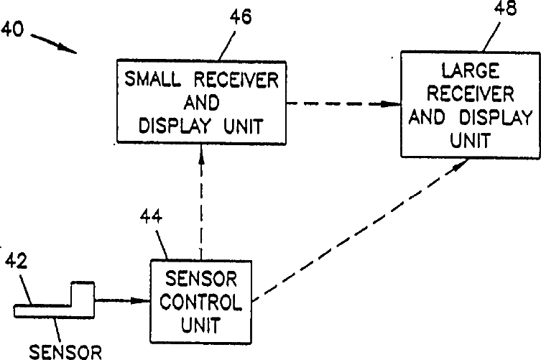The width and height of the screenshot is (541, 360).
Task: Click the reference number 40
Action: [x=13, y=29]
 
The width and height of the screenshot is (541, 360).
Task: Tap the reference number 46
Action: [x=241, y=17]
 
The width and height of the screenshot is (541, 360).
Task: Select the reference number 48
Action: [x=506, y=8]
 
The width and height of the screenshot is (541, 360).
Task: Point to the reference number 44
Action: [x=151, y=217]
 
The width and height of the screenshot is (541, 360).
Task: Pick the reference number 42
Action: [x=16, y=261]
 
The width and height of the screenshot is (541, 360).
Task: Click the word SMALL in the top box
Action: [x=152, y=79]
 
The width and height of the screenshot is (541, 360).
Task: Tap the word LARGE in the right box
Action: [x=471, y=71]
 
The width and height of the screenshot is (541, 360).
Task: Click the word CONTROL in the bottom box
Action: [x=201, y=302]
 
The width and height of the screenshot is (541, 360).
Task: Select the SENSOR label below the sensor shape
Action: [x=65, y=352]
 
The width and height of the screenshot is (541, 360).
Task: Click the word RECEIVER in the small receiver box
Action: [x=236, y=79]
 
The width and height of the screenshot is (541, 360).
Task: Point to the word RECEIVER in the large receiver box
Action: [x=471, y=93]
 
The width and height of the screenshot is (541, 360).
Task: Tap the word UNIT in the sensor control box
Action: [x=200, y=325]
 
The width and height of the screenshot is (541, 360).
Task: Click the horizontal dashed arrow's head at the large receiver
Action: [x=391, y=103]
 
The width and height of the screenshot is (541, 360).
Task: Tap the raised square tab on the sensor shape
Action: [x=83, y=293]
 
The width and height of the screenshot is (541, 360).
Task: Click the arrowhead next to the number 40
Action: [x=68, y=49]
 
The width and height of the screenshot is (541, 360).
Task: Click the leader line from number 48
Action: [x=491, y=36]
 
